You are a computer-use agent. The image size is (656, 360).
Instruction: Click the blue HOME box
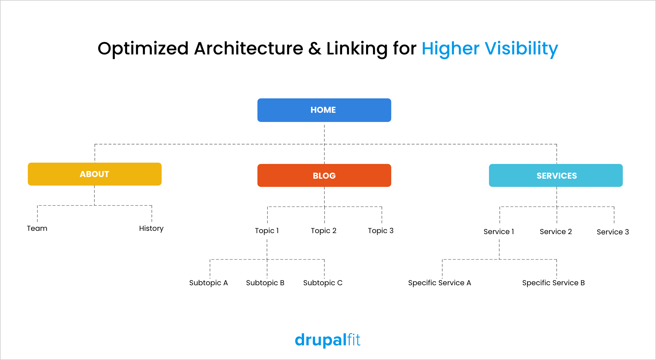pos(324,110)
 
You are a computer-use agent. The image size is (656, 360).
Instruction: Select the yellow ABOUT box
pos(95,174)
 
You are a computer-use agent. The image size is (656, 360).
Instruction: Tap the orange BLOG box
pos(324,175)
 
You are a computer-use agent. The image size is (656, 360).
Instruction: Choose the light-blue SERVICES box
pos(556,175)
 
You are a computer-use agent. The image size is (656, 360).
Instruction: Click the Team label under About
pos(37,228)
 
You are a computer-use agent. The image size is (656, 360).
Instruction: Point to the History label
pos(151,229)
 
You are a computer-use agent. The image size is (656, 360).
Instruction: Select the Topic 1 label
pos(267,231)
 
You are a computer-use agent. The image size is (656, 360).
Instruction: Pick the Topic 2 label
pos(324,231)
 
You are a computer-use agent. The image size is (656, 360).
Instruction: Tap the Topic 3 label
pos(381,231)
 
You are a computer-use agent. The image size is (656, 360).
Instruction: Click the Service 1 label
pos(499,232)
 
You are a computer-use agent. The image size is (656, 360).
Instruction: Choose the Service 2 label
pos(556,232)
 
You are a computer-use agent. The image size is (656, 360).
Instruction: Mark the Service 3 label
pos(613,232)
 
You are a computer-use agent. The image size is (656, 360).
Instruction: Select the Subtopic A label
pos(209,283)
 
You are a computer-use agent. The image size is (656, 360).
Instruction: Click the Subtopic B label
pos(265,283)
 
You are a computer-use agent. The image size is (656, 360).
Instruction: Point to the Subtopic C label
pos(323,283)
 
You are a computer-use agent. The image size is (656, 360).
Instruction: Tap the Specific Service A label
pos(440,283)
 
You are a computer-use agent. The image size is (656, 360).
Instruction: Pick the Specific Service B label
pos(554,283)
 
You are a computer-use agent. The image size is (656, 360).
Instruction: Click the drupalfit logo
pos(328,340)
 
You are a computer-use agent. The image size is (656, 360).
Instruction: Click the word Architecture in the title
pos(249,49)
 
